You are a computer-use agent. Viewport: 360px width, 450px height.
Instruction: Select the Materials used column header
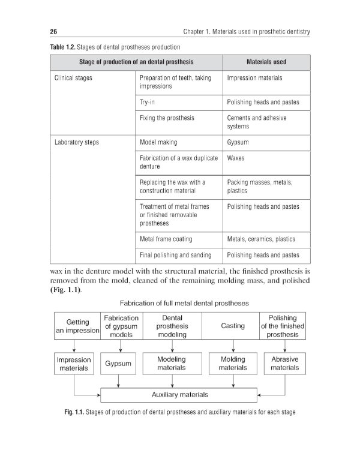point(266,62)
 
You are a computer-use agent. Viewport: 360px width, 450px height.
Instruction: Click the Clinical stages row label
point(73,78)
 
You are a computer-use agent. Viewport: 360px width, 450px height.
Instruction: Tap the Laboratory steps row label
point(77,143)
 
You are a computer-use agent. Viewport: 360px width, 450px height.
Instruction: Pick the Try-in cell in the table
point(148,103)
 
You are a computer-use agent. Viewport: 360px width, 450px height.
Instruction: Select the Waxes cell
point(236,159)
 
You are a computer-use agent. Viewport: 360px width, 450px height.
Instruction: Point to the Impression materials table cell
point(254,78)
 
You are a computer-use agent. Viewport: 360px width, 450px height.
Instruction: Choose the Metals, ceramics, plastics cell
point(261,239)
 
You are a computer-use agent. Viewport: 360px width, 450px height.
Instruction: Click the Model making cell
point(158,143)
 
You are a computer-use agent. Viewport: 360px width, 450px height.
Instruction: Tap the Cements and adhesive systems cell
point(256,122)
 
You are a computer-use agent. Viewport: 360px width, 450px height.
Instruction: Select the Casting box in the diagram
point(233,326)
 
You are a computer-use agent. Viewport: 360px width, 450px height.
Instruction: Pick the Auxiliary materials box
point(179,395)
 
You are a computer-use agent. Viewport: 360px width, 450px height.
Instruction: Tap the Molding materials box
point(233,364)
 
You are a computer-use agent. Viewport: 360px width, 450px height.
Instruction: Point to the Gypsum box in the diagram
point(119,364)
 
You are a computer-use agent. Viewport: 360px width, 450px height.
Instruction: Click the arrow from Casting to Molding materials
point(233,346)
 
